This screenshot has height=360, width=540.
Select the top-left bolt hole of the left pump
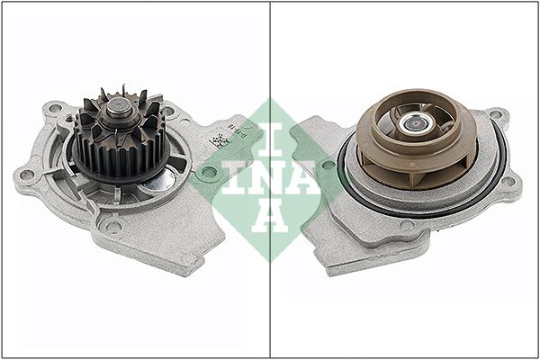pos(55,109)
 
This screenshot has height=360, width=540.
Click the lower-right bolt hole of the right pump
pos(508,182)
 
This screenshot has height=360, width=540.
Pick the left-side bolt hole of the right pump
pos(328,165)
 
